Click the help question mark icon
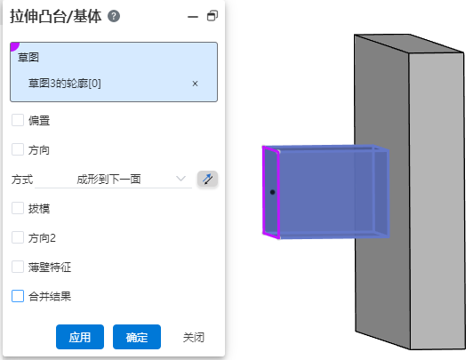point(114,16)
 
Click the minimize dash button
point(193,17)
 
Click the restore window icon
point(212,16)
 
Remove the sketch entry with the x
point(195,84)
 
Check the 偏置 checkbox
point(18,120)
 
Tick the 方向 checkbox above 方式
point(18,149)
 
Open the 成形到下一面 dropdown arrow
point(180,179)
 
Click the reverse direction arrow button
point(207,179)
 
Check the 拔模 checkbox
point(18,208)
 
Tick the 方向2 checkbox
point(18,237)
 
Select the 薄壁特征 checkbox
point(18,267)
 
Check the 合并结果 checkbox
point(18,296)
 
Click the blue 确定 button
point(137,337)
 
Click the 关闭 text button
point(194,337)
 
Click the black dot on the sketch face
point(272,192)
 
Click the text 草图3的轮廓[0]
point(65,84)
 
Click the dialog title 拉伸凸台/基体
point(56,16)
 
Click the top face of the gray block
point(409,44)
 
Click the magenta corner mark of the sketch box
point(14,46)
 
